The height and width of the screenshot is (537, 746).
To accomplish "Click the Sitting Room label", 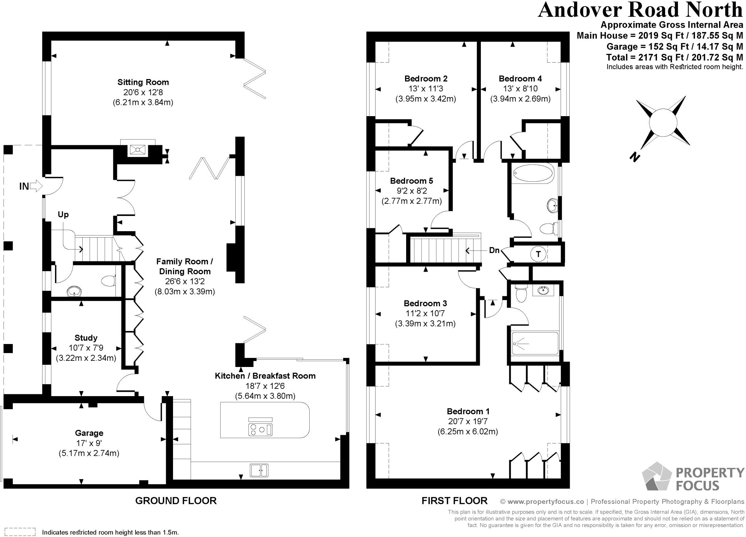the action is tap(143, 82).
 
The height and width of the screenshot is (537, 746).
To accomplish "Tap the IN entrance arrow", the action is tap(36, 186).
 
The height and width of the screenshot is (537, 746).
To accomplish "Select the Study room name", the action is tap(86, 337).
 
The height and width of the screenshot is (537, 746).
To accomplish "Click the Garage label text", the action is tap(89, 433).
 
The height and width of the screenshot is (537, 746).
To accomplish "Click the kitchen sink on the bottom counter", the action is tap(259, 470).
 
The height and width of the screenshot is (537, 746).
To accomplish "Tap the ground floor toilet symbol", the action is tap(108, 281).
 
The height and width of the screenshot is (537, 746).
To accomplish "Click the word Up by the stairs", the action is tap(63, 214).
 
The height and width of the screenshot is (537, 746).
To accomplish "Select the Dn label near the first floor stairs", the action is tap(494, 250).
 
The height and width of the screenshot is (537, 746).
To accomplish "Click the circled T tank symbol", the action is tap(538, 254).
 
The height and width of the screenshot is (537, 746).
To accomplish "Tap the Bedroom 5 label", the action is tap(412, 181).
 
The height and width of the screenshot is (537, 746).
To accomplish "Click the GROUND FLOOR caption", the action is tap(176, 501).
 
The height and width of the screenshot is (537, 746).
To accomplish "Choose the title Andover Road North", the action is tap(640, 10).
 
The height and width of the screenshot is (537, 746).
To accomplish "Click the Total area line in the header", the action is tap(675, 57).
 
